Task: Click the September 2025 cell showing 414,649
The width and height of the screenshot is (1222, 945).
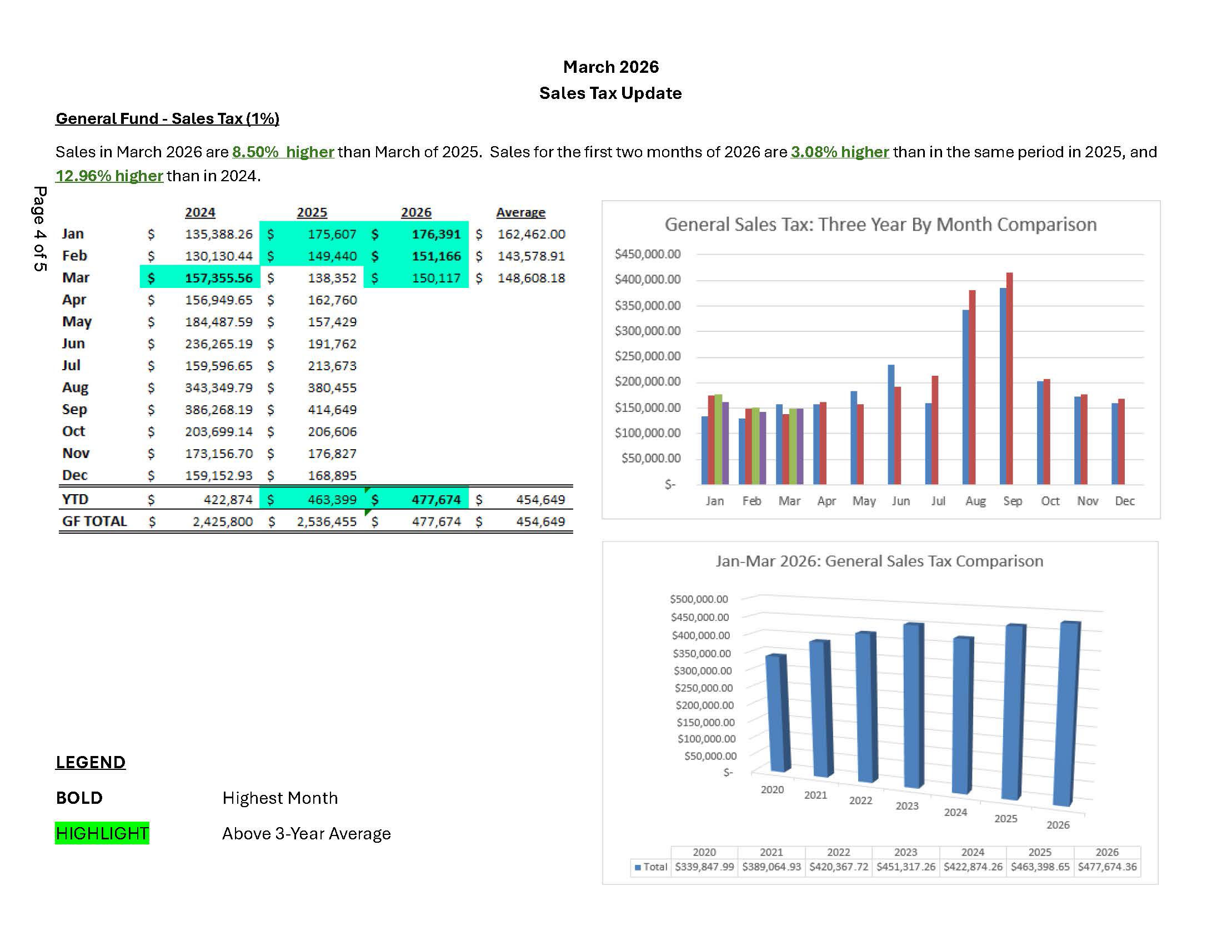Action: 332,410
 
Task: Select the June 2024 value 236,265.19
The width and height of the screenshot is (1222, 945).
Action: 218,344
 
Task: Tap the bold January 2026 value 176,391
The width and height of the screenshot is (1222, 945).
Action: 436,234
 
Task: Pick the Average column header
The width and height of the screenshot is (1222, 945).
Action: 520,213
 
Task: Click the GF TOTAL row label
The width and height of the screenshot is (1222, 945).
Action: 94,522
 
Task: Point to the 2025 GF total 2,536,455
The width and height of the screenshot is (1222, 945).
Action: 326,522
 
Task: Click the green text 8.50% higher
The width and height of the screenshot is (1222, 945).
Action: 283,152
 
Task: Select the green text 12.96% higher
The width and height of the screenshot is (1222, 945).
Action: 109,176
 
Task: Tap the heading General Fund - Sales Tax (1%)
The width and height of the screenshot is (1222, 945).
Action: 167,119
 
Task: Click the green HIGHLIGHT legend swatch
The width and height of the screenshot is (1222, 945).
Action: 102,834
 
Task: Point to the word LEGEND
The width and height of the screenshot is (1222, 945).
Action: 91,763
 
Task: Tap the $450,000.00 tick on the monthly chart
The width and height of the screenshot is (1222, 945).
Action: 647,254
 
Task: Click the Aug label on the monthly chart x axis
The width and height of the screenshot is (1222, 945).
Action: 975,501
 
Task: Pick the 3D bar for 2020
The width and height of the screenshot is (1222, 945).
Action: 777,714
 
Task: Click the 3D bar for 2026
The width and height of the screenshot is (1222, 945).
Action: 1066,714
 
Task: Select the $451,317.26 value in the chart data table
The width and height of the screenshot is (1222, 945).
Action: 905,867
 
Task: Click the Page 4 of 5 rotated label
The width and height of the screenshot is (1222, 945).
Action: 39,229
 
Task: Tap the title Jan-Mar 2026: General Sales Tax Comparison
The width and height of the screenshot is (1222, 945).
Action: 879,561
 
